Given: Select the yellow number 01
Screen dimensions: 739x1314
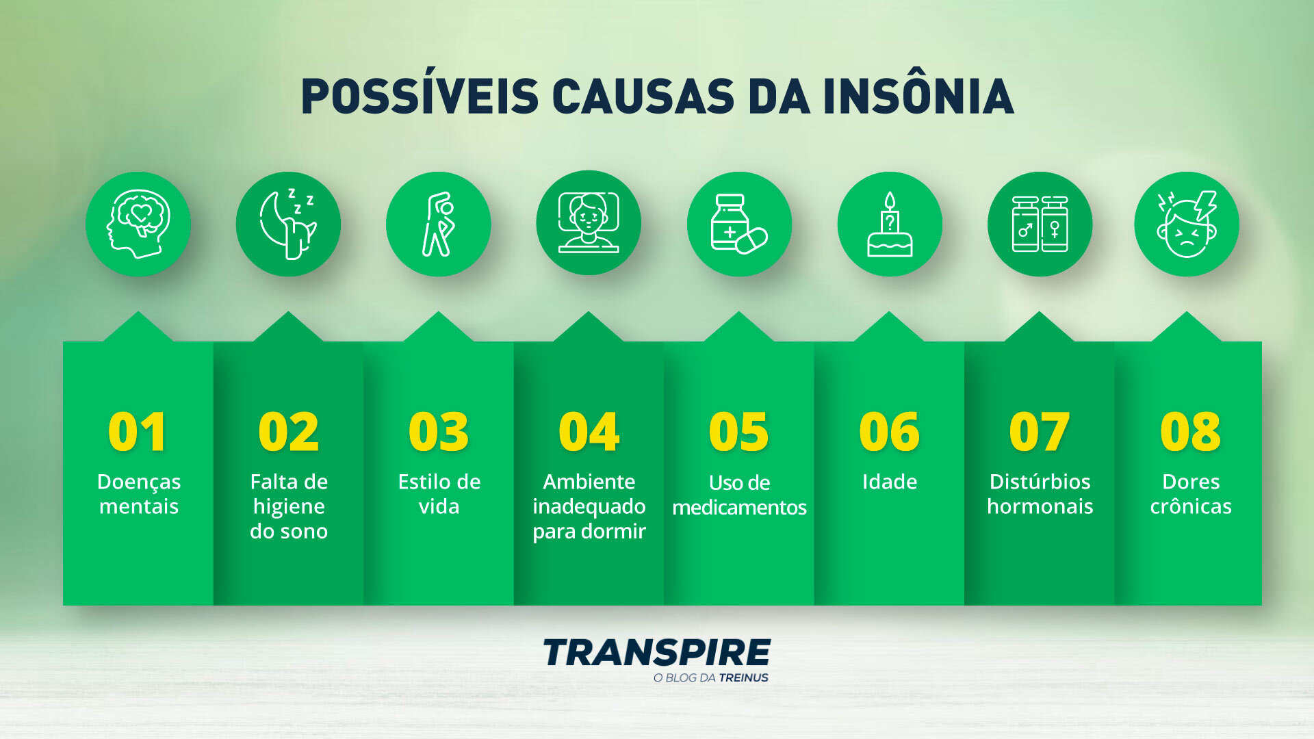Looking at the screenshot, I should click(x=138, y=432).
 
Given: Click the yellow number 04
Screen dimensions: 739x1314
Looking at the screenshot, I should click(x=589, y=432).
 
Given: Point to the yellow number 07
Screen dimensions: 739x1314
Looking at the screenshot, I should click(x=1039, y=432).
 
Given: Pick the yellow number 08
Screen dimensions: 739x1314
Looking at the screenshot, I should click(x=1190, y=432).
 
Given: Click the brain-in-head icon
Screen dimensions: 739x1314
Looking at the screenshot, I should click(x=138, y=224).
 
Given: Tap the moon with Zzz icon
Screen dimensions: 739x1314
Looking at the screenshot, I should click(x=288, y=224).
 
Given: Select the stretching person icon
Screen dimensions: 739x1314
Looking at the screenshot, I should click(x=438, y=224).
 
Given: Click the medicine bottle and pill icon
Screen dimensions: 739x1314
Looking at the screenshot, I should click(x=739, y=224).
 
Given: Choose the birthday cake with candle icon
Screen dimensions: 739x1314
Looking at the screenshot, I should click(x=890, y=224).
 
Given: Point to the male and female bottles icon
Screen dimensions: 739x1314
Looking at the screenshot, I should click(x=1040, y=224).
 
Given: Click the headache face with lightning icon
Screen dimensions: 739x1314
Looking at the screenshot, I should click(x=1187, y=224).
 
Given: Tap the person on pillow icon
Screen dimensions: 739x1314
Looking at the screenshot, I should click(x=589, y=222).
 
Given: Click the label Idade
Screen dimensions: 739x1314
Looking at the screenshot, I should click(x=890, y=482).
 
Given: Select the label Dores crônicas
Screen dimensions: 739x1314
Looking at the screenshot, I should click(x=1191, y=494).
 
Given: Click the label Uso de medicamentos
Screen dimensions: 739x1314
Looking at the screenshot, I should click(x=739, y=495).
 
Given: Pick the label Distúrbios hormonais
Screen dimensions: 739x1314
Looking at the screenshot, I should click(x=1040, y=494).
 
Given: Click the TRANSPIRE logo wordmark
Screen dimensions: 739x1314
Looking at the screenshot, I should click(x=657, y=652).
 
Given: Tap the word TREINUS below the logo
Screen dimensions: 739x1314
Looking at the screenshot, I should click(x=743, y=678).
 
